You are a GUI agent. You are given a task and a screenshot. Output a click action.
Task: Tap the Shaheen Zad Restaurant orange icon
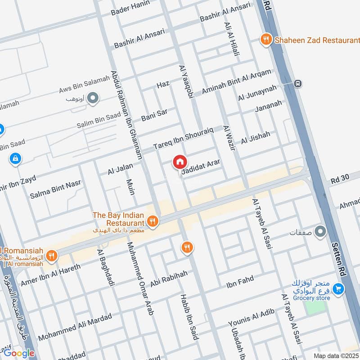coord(266,40)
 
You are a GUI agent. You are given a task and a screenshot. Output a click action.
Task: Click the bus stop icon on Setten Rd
coord(297,83)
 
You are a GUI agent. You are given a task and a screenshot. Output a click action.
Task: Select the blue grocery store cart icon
coord(338,289)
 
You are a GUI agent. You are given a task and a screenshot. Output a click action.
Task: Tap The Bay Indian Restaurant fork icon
coord(153,220)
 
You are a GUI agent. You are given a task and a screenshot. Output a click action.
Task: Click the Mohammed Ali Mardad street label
coord(75,327)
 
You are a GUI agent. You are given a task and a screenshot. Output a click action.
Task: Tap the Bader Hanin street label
coord(127,7)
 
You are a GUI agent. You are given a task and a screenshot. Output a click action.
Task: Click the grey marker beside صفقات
coord(320,232)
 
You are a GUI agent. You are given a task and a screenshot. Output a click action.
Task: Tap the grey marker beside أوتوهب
coord(93,98)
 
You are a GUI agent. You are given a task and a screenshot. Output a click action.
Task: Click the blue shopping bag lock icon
coord(15,159)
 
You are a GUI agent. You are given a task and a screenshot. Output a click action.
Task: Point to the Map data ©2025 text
coord(336,355)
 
